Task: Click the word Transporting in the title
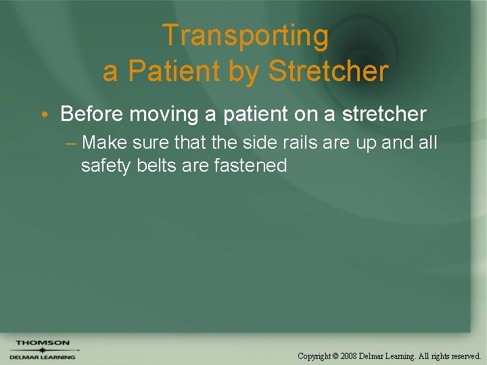(245, 36)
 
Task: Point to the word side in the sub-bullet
(241, 143)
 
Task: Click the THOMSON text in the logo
(43, 343)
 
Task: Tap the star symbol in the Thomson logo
(42, 350)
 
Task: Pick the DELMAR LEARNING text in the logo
(43, 357)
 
